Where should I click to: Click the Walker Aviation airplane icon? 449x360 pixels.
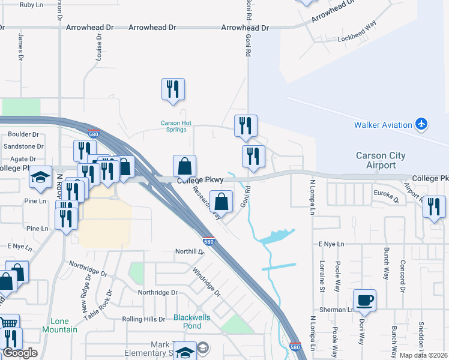pos(422,124)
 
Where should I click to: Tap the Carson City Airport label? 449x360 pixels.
pos(381,160)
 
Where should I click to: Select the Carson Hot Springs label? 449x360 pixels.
pos(176,126)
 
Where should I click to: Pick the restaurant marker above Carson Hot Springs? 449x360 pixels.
pos(172,89)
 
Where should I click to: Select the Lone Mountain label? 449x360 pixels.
pos(60,325)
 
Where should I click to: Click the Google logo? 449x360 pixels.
pos(19,353)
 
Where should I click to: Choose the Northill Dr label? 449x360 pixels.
pos(190,251)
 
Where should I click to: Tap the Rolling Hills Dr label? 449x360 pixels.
pos(143,319)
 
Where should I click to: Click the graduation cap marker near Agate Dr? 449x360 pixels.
pos(40,176)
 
